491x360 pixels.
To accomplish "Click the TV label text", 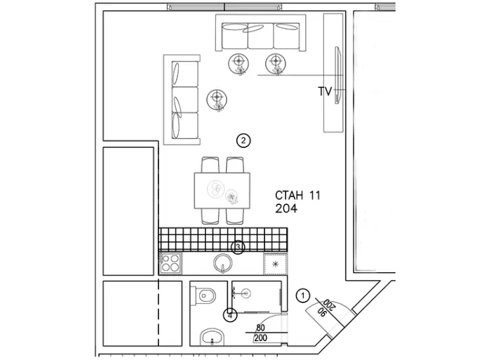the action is (x=325, y=91).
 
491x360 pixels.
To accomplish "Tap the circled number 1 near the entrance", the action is (x=302, y=295).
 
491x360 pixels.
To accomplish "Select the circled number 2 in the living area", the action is (x=243, y=140).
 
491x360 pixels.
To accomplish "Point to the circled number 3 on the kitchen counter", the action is (x=238, y=248).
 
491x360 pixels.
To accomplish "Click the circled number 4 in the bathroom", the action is (x=230, y=316).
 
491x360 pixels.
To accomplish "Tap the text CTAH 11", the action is (x=298, y=196).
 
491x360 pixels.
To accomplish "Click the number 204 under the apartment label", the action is (x=286, y=208).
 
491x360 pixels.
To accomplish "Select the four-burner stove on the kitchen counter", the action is (x=170, y=263).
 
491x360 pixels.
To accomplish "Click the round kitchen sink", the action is (x=223, y=263).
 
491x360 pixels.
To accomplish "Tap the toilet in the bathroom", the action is (x=203, y=295).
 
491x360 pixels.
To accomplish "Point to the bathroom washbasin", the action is (x=212, y=337).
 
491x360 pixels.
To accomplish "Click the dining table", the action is (x=222, y=190).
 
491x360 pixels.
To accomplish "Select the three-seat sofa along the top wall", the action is (x=260, y=32).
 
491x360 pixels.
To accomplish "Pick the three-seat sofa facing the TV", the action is (x=182, y=100).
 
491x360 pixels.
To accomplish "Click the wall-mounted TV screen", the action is (x=337, y=75).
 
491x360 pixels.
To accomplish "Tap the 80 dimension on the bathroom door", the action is (x=260, y=328).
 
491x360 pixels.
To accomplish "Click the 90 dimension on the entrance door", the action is (x=321, y=312).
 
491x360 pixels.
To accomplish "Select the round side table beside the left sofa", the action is (x=217, y=100).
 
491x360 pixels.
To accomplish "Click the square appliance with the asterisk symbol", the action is (x=275, y=264).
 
